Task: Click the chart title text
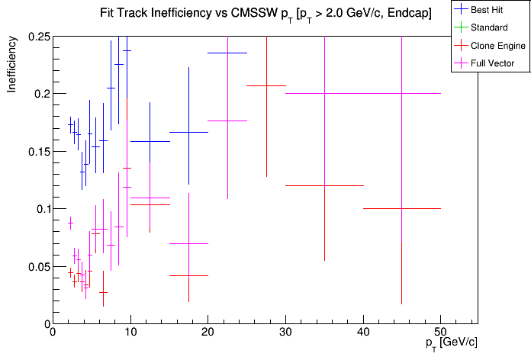pos(265,14)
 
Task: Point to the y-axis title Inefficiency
pos(12,67)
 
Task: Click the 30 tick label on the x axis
pos(285,332)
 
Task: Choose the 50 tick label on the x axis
pos(441,332)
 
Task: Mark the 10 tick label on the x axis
pos(130,332)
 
